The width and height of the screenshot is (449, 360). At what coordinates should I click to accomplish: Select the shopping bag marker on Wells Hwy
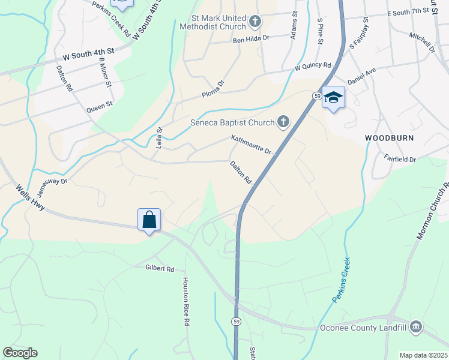click(149, 220)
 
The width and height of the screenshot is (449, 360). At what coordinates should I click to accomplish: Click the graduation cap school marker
click(333, 97)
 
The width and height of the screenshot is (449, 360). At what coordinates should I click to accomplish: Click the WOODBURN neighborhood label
click(390, 138)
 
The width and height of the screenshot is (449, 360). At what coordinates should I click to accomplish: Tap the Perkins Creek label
click(342, 280)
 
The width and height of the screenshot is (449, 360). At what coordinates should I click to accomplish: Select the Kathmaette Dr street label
click(252, 144)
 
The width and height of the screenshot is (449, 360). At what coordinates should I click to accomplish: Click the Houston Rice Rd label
click(186, 301)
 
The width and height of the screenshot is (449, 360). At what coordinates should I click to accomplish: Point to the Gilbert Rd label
click(159, 269)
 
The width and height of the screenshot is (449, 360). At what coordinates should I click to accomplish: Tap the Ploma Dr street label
click(212, 88)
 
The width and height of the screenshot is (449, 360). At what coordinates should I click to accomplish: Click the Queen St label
click(100, 106)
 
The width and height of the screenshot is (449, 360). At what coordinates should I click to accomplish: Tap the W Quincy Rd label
click(313, 66)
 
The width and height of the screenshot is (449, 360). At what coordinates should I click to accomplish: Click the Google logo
click(20, 353)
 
